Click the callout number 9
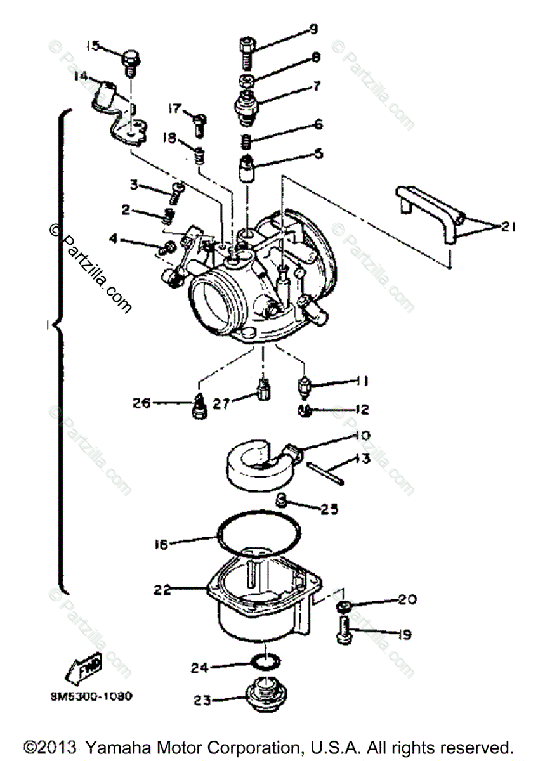coord(313,29)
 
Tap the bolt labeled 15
coord(130,60)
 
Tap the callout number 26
coord(141,402)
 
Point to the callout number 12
coord(362,410)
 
